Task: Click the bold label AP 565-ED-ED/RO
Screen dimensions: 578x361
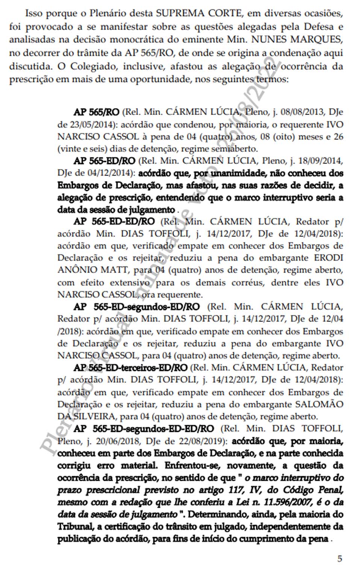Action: coord(114,222)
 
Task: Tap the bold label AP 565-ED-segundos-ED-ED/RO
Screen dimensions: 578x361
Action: coord(144,429)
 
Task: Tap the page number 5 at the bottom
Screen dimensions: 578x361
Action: coord(340,559)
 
